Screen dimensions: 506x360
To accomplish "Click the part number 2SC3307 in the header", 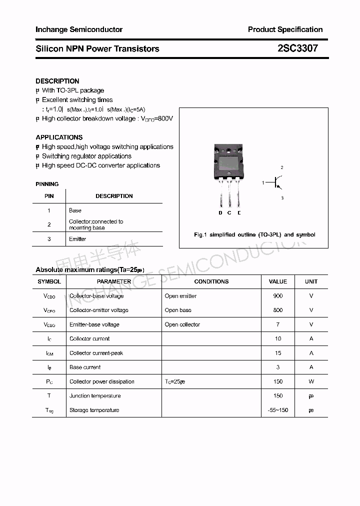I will coord(297,48).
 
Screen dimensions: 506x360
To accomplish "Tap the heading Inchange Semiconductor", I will coord(79,29).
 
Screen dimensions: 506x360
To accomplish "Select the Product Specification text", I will coord(285,29).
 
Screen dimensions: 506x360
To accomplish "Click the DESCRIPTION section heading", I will coord(57,81).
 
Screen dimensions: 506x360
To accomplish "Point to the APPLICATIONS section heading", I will coord(59,137).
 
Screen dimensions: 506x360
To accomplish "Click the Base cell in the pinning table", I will coord(75,210).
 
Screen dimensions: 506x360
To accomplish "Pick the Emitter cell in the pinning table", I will coord(77,239).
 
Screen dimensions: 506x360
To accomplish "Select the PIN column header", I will coord(49,196).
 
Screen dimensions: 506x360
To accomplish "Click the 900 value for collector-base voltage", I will coord(278,296).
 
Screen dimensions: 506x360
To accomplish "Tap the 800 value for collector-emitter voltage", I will coord(278,310).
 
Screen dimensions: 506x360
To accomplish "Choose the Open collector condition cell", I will coord(182,324).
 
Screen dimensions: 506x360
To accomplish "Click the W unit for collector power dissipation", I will coord(311,381).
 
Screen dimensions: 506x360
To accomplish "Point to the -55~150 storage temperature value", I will coord(278,410).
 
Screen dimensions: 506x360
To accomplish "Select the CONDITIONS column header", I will coord(211,281).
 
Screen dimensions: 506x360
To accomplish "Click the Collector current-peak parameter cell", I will coord(96,353).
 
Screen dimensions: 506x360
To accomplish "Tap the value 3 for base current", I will coord(278,367).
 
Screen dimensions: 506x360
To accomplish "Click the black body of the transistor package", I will coord(229,162).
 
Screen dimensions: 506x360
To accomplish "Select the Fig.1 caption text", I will coord(254,234).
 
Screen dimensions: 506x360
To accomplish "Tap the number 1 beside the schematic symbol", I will coord(263,183).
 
